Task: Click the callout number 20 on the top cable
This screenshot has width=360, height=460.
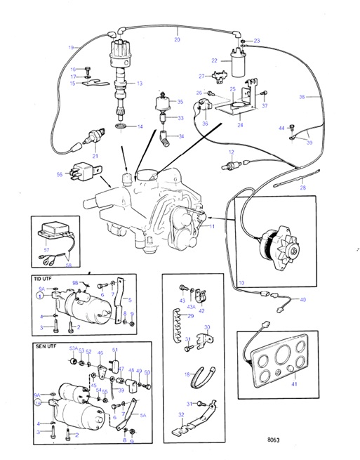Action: click(177, 40)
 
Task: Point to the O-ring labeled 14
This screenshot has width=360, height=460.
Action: click(121, 127)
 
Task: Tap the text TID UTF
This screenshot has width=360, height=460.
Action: click(44, 279)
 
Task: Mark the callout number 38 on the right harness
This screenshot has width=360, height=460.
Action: click(321, 96)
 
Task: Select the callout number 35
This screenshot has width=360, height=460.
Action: click(180, 102)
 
